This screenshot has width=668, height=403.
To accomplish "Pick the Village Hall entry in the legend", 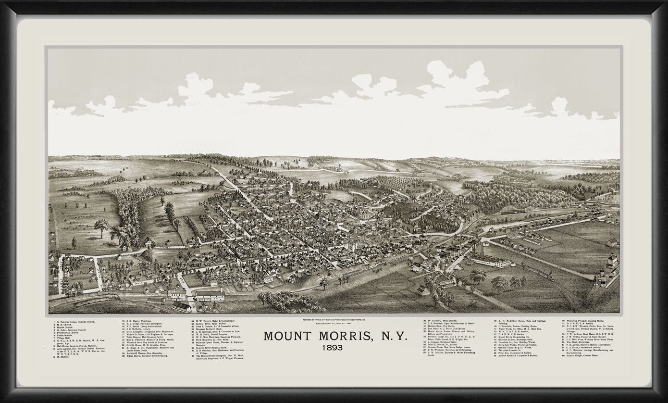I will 65,339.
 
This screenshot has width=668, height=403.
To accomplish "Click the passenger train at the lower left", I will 89,302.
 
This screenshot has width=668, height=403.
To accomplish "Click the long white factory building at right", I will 490,262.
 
